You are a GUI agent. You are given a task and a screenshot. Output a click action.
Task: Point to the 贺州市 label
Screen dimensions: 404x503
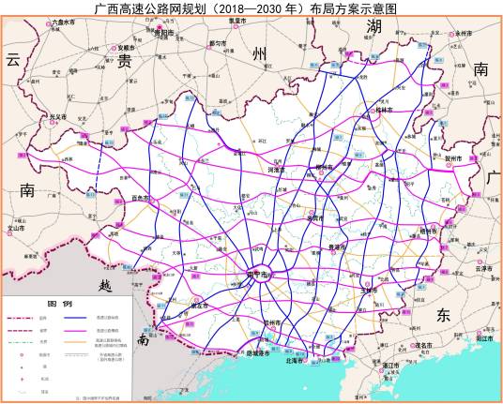[x=456, y=160]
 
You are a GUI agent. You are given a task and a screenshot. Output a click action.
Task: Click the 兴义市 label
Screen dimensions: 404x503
[x=57, y=117]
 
